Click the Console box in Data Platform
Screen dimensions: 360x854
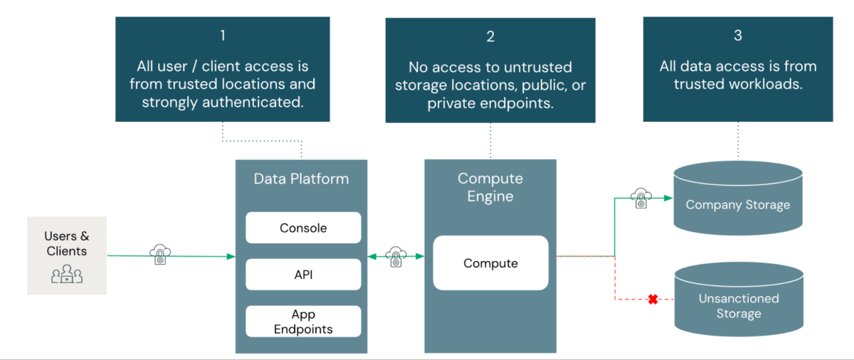click(x=303, y=228)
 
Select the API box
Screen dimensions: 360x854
click(x=303, y=275)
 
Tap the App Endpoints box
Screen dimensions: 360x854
click(x=303, y=322)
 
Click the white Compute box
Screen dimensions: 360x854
click(x=490, y=263)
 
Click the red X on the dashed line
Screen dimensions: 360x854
click(x=653, y=300)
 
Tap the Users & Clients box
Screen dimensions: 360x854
click(x=67, y=255)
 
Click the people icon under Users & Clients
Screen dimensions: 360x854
click(x=67, y=274)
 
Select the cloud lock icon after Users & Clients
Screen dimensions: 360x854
click(x=160, y=255)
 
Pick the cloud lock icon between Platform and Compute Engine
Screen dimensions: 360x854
click(x=396, y=256)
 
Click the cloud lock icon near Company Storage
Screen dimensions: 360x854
click(x=641, y=198)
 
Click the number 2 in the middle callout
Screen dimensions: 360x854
click(x=490, y=37)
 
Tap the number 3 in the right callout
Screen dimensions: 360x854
click(x=737, y=34)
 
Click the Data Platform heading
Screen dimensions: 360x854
click(x=301, y=179)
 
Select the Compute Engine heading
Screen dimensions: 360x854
click(x=490, y=187)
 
